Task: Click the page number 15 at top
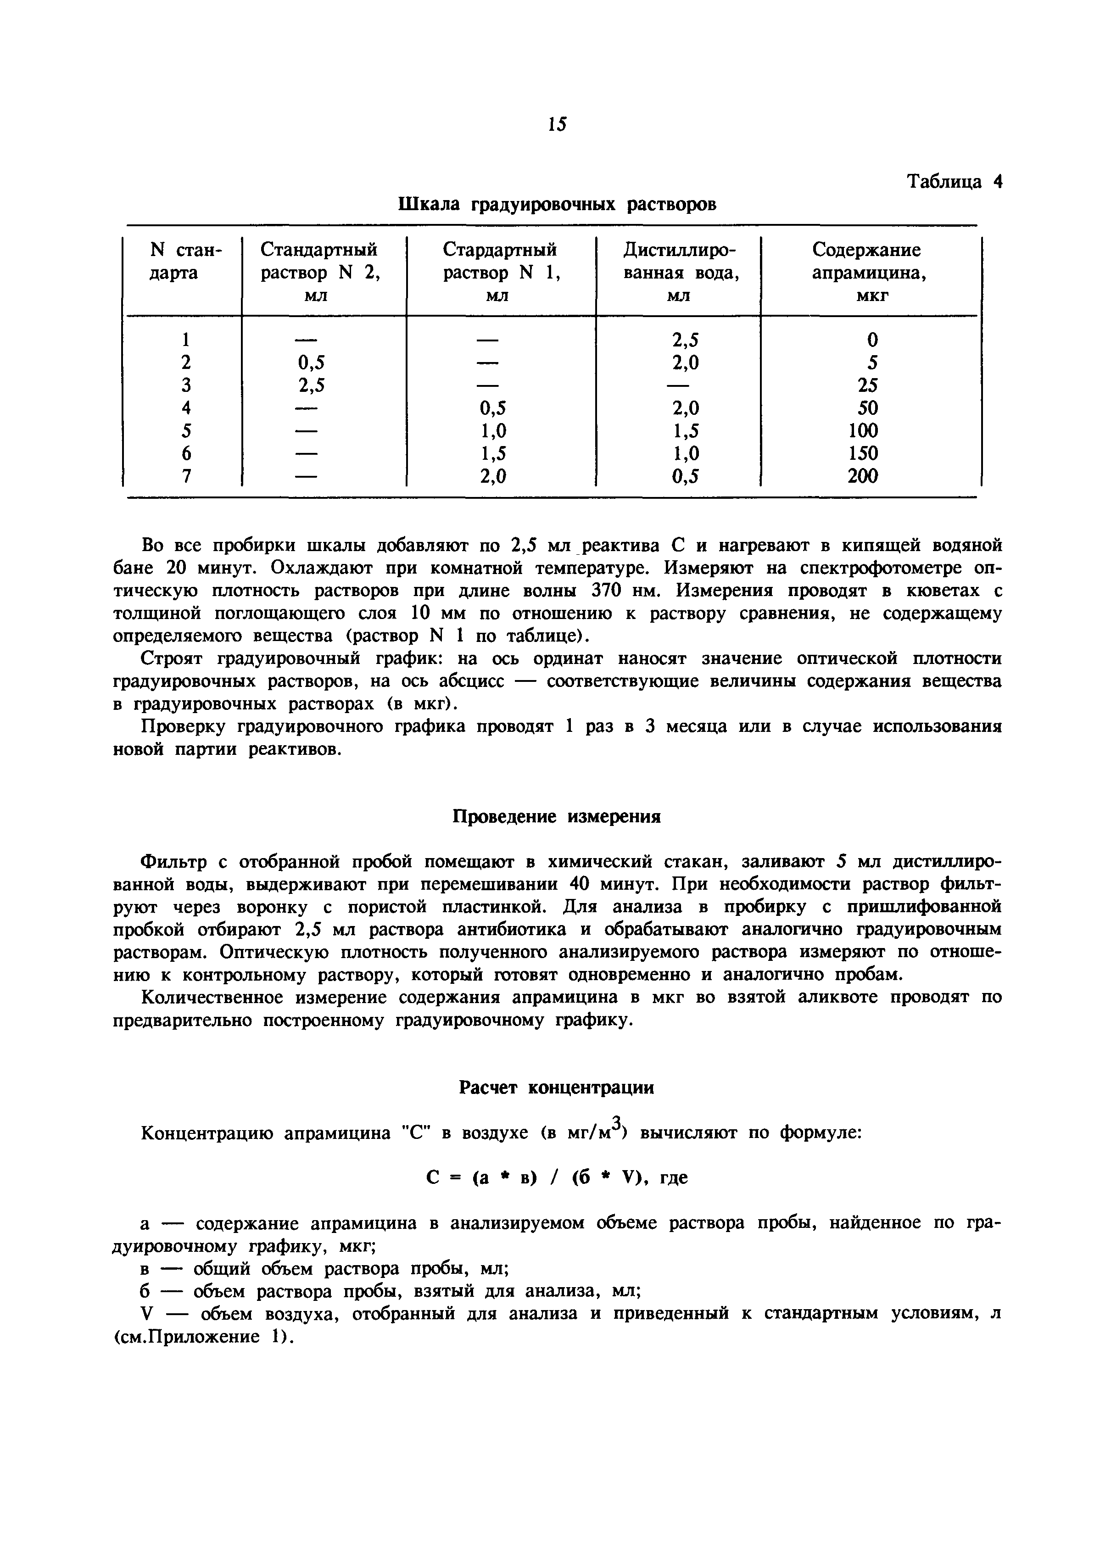(x=556, y=124)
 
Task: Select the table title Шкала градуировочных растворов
(x=556, y=204)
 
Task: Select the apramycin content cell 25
(x=867, y=385)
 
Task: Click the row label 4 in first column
(x=186, y=408)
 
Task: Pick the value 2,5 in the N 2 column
(x=311, y=385)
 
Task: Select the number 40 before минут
(x=581, y=885)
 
